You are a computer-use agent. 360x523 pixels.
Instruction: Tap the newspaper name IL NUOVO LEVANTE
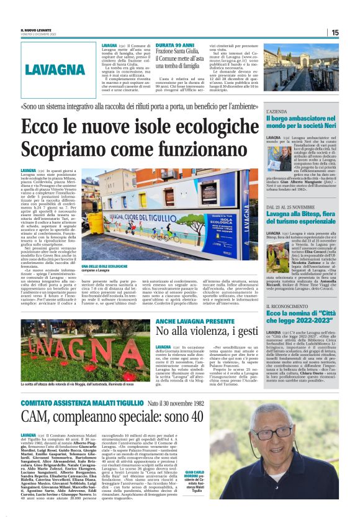[37, 29]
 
